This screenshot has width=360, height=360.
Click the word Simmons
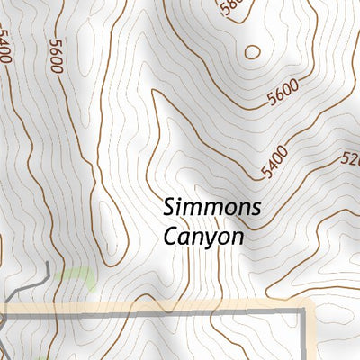(x=212, y=208)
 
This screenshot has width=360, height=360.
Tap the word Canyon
(x=203, y=237)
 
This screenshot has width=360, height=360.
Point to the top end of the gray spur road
(x=47, y=263)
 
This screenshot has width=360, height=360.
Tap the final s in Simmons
(x=256, y=208)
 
